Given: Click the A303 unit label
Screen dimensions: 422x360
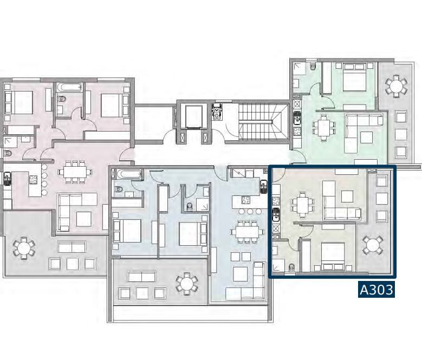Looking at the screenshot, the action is pos(376,290).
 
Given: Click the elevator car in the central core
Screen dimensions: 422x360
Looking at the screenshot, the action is pos(193,117).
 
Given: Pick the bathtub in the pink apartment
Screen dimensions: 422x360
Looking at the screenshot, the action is pos(69,87).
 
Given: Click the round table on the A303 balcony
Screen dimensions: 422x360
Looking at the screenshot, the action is pos(373,245).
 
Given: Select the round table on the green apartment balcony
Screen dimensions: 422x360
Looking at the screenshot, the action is pos(395,86).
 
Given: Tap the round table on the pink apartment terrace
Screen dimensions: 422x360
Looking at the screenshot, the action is pos(24,247).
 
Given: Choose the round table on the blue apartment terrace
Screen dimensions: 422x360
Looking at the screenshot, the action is pos(187,284).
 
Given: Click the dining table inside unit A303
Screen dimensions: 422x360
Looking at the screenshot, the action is pos(302,205).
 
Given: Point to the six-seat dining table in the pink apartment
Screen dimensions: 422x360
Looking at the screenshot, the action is pos(75,172).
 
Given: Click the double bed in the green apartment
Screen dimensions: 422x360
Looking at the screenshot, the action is pos(354,77).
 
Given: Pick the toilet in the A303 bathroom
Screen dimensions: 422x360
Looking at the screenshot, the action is pos(291,267).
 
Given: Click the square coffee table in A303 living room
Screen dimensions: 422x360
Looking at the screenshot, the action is pos(347,197).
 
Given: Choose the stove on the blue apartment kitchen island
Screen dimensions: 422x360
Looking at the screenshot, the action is pos(246,200).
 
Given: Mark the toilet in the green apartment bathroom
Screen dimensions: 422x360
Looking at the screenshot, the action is pos(313,66).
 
